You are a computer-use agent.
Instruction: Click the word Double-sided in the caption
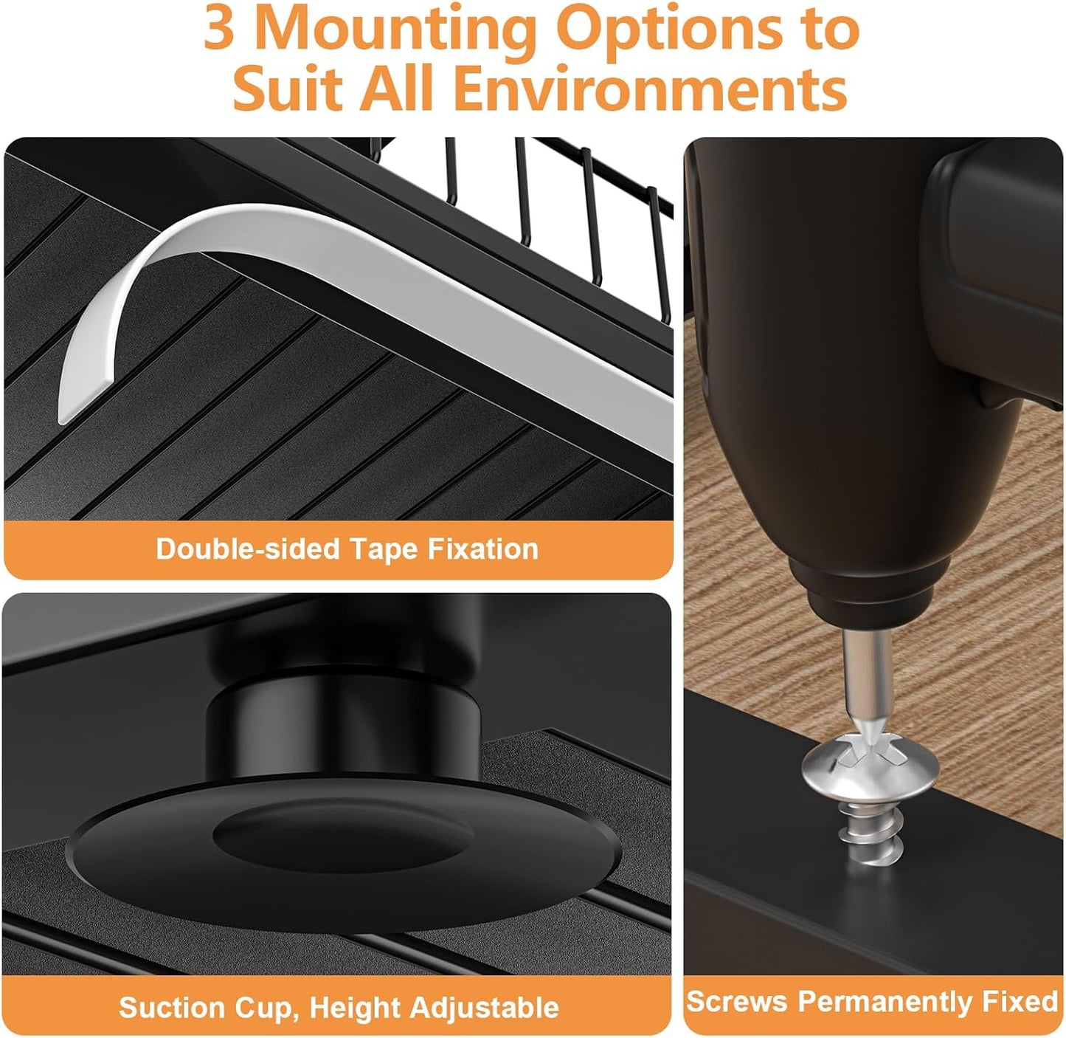tap(248, 549)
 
